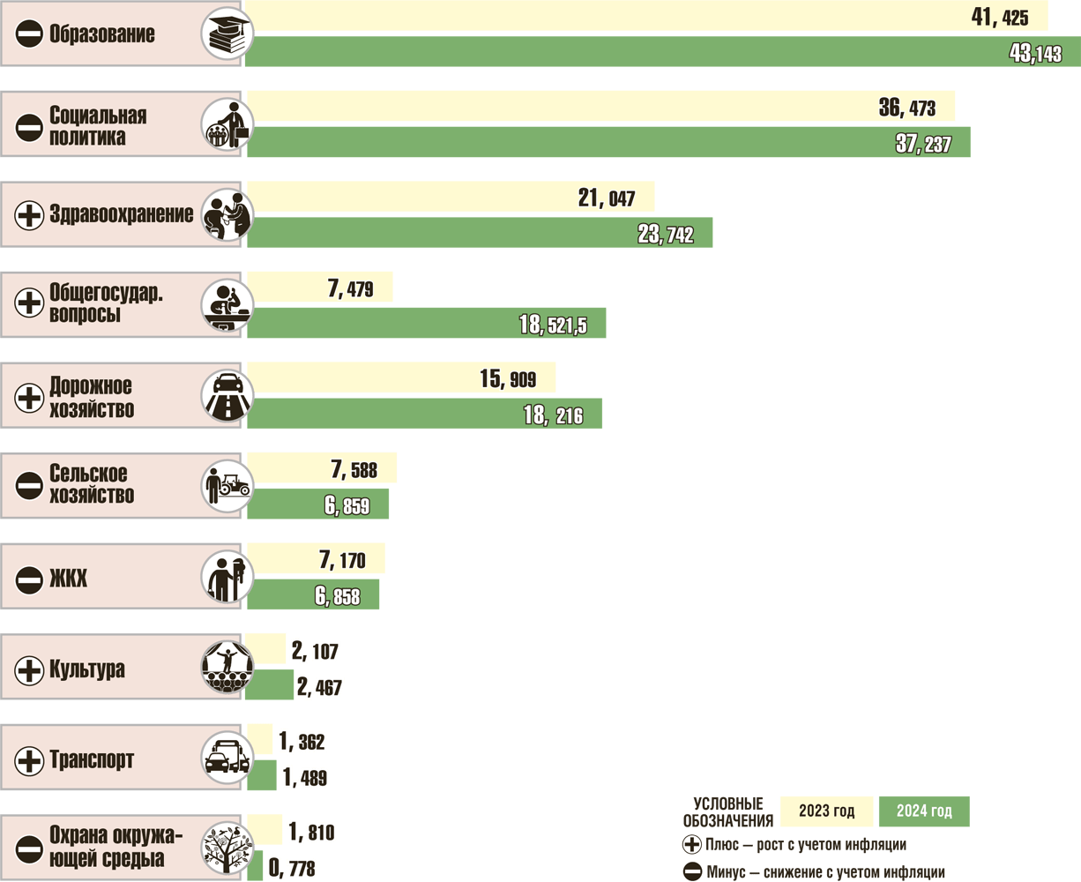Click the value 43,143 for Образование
(1035, 54)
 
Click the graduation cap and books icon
(227, 34)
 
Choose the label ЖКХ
(69, 579)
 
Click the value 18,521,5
(553, 325)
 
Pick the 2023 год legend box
(826, 811)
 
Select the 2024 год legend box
(923, 811)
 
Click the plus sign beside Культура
(29, 669)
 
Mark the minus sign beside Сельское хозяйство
(29, 485)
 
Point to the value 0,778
(292, 870)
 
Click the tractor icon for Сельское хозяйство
(227, 485)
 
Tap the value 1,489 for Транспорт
(305, 778)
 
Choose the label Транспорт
(92, 759)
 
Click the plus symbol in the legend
(692, 845)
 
